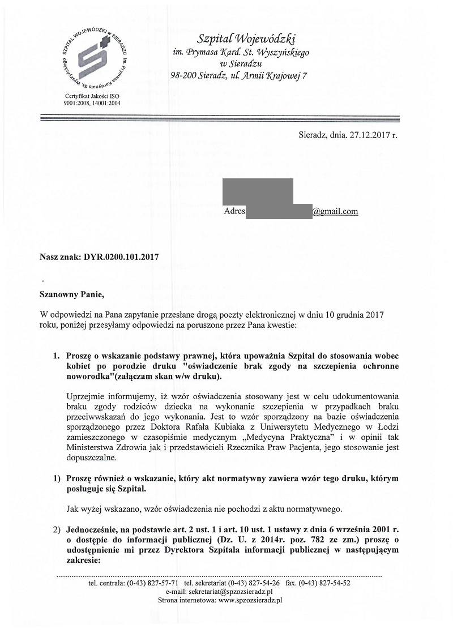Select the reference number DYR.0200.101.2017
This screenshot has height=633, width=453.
click(121, 257)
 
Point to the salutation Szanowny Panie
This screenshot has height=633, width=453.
click(72, 294)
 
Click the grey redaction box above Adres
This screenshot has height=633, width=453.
click(258, 191)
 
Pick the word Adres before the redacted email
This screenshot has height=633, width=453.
click(235, 211)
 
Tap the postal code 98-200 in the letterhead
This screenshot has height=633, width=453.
click(183, 75)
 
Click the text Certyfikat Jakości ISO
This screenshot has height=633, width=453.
click(92, 96)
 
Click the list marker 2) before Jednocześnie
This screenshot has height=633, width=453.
click(56, 529)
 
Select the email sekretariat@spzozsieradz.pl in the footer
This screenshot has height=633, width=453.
click(231, 591)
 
